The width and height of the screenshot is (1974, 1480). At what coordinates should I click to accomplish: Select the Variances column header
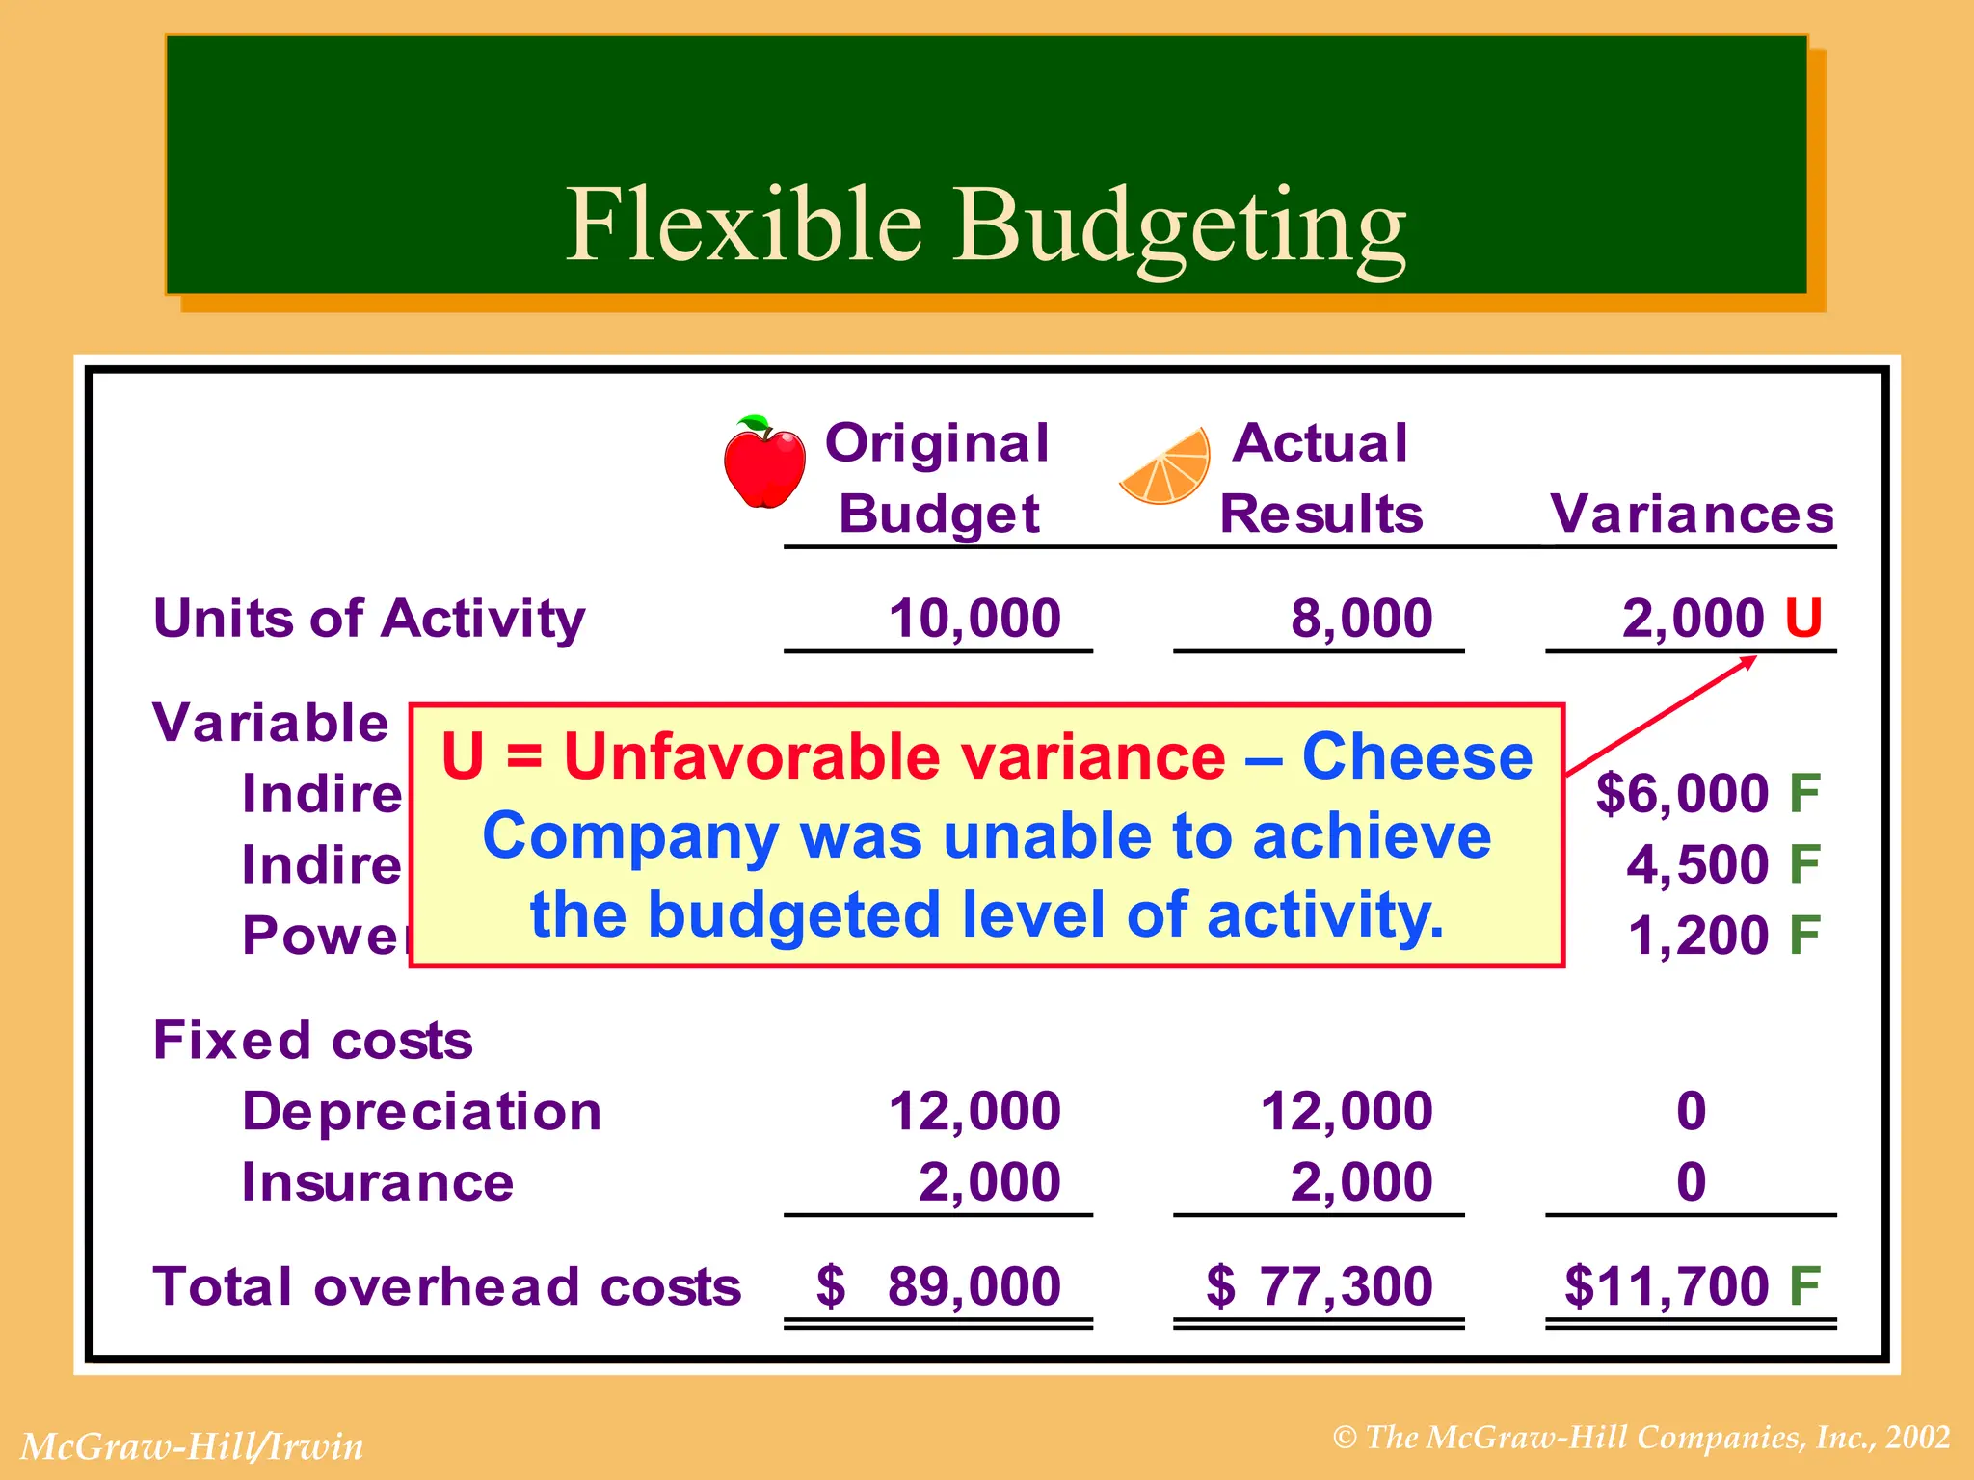click(1692, 514)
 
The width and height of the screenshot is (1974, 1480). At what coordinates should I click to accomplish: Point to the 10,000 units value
click(974, 619)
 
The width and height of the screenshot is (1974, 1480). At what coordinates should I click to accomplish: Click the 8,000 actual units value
click(1361, 619)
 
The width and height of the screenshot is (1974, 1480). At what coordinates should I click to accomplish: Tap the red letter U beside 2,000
click(1802, 619)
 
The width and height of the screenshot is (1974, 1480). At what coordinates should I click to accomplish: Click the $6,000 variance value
click(1682, 794)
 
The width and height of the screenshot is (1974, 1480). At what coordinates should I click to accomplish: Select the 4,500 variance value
click(1696, 864)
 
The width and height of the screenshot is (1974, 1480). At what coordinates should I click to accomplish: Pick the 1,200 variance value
click(1697, 936)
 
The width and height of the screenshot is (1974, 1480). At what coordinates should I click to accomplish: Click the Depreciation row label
click(421, 1112)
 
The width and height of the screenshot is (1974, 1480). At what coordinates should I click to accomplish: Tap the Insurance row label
click(377, 1182)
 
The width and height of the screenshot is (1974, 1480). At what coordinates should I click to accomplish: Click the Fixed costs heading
click(313, 1041)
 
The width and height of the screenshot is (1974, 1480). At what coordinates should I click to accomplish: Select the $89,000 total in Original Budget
click(939, 1287)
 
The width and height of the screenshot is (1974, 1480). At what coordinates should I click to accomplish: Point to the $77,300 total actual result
click(1320, 1287)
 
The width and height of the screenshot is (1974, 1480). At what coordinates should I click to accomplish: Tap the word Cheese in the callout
click(1416, 757)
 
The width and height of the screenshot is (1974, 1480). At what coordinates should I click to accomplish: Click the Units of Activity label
click(369, 619)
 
